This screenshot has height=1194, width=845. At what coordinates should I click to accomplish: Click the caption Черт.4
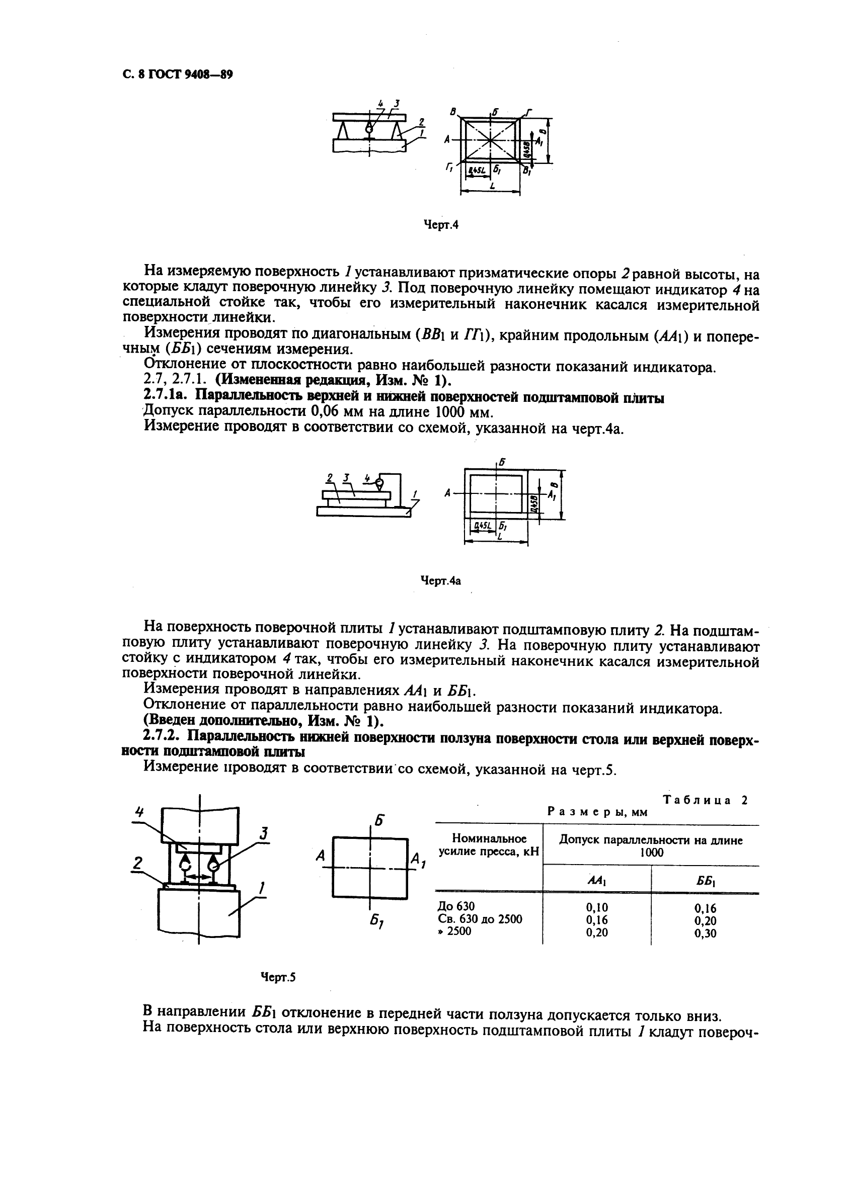tap(441, 225)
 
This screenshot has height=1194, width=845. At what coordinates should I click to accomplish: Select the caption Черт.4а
tap(440, 581)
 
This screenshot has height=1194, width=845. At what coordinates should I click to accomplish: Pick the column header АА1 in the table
tap(597, 881)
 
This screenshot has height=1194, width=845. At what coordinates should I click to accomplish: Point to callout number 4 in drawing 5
tap(139, 811)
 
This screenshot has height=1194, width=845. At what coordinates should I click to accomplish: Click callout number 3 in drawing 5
tap(264, 834)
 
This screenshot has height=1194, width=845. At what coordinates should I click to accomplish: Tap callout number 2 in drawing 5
tap(137, 864)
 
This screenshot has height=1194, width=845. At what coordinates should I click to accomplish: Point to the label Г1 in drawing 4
tap(448, 168)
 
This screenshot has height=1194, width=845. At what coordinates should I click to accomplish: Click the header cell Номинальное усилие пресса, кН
tap(489, 845)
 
